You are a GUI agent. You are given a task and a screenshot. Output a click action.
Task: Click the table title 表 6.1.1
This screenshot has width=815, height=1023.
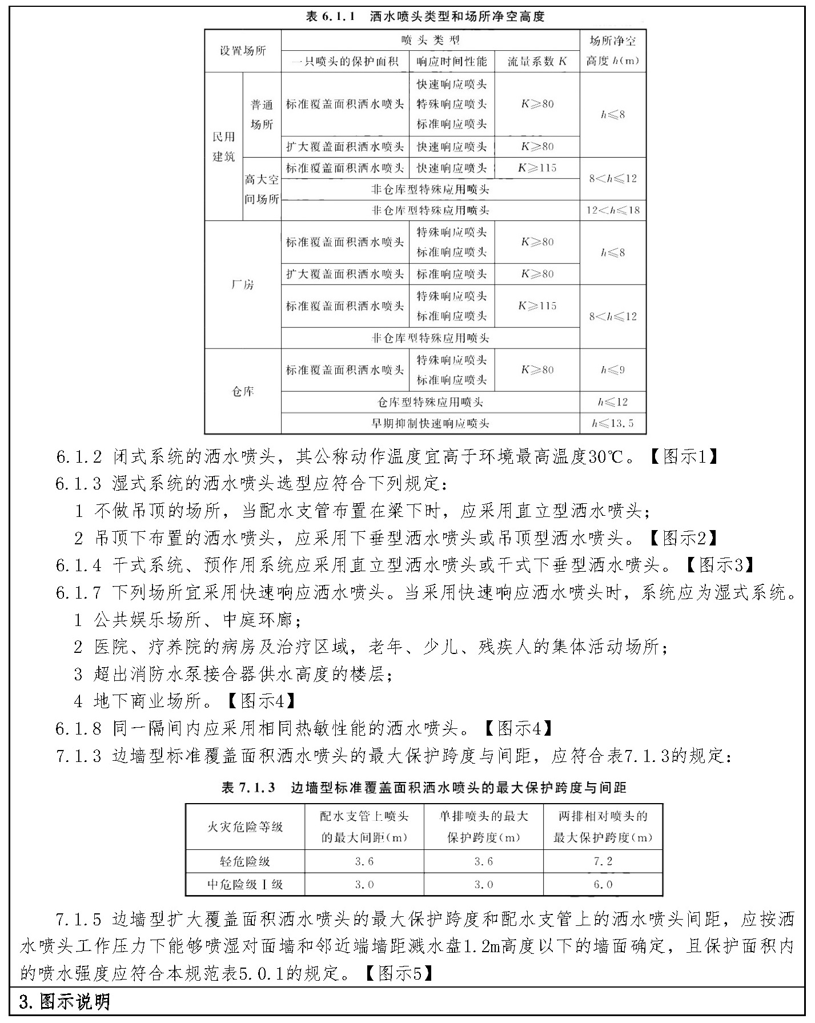click(x=425, y=17)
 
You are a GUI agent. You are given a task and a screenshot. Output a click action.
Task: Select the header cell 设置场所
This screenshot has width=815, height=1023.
click(x=243, y=50)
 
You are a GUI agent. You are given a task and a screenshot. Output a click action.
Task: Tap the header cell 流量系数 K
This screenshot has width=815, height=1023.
click(x=537, y=61)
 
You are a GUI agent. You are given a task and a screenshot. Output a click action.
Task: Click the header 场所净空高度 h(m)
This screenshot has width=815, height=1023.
click(x=612, y=50)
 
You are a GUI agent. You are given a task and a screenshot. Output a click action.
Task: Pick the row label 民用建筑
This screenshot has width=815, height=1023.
click(x=224, y=146)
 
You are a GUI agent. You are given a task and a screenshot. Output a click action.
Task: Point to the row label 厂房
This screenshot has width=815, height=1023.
click(x=243, y=284)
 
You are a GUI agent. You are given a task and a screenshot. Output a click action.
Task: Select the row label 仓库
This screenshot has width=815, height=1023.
click(x=243, y=391)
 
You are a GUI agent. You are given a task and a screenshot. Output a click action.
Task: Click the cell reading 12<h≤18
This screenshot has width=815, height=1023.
click(x=612, y=210)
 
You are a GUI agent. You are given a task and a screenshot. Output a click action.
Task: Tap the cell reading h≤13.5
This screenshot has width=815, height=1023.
click(x=612, y=423)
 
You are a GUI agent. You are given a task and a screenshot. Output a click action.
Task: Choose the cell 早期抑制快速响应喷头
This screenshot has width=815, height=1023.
click(x=430, y=423)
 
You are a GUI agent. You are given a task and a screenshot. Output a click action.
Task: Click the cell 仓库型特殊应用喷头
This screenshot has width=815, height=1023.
click(x=430, y=402)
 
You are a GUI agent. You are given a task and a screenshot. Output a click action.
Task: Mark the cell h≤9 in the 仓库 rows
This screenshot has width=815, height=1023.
click(x=612, y=370)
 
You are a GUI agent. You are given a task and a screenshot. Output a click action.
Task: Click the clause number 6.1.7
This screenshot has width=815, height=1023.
click(x=78, y=592)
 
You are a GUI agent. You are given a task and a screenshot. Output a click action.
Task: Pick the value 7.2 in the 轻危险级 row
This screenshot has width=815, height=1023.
click(x=603, y=861)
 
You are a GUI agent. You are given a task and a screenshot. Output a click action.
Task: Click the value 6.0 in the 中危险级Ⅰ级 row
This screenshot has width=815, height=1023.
click(x=603, y=884)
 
